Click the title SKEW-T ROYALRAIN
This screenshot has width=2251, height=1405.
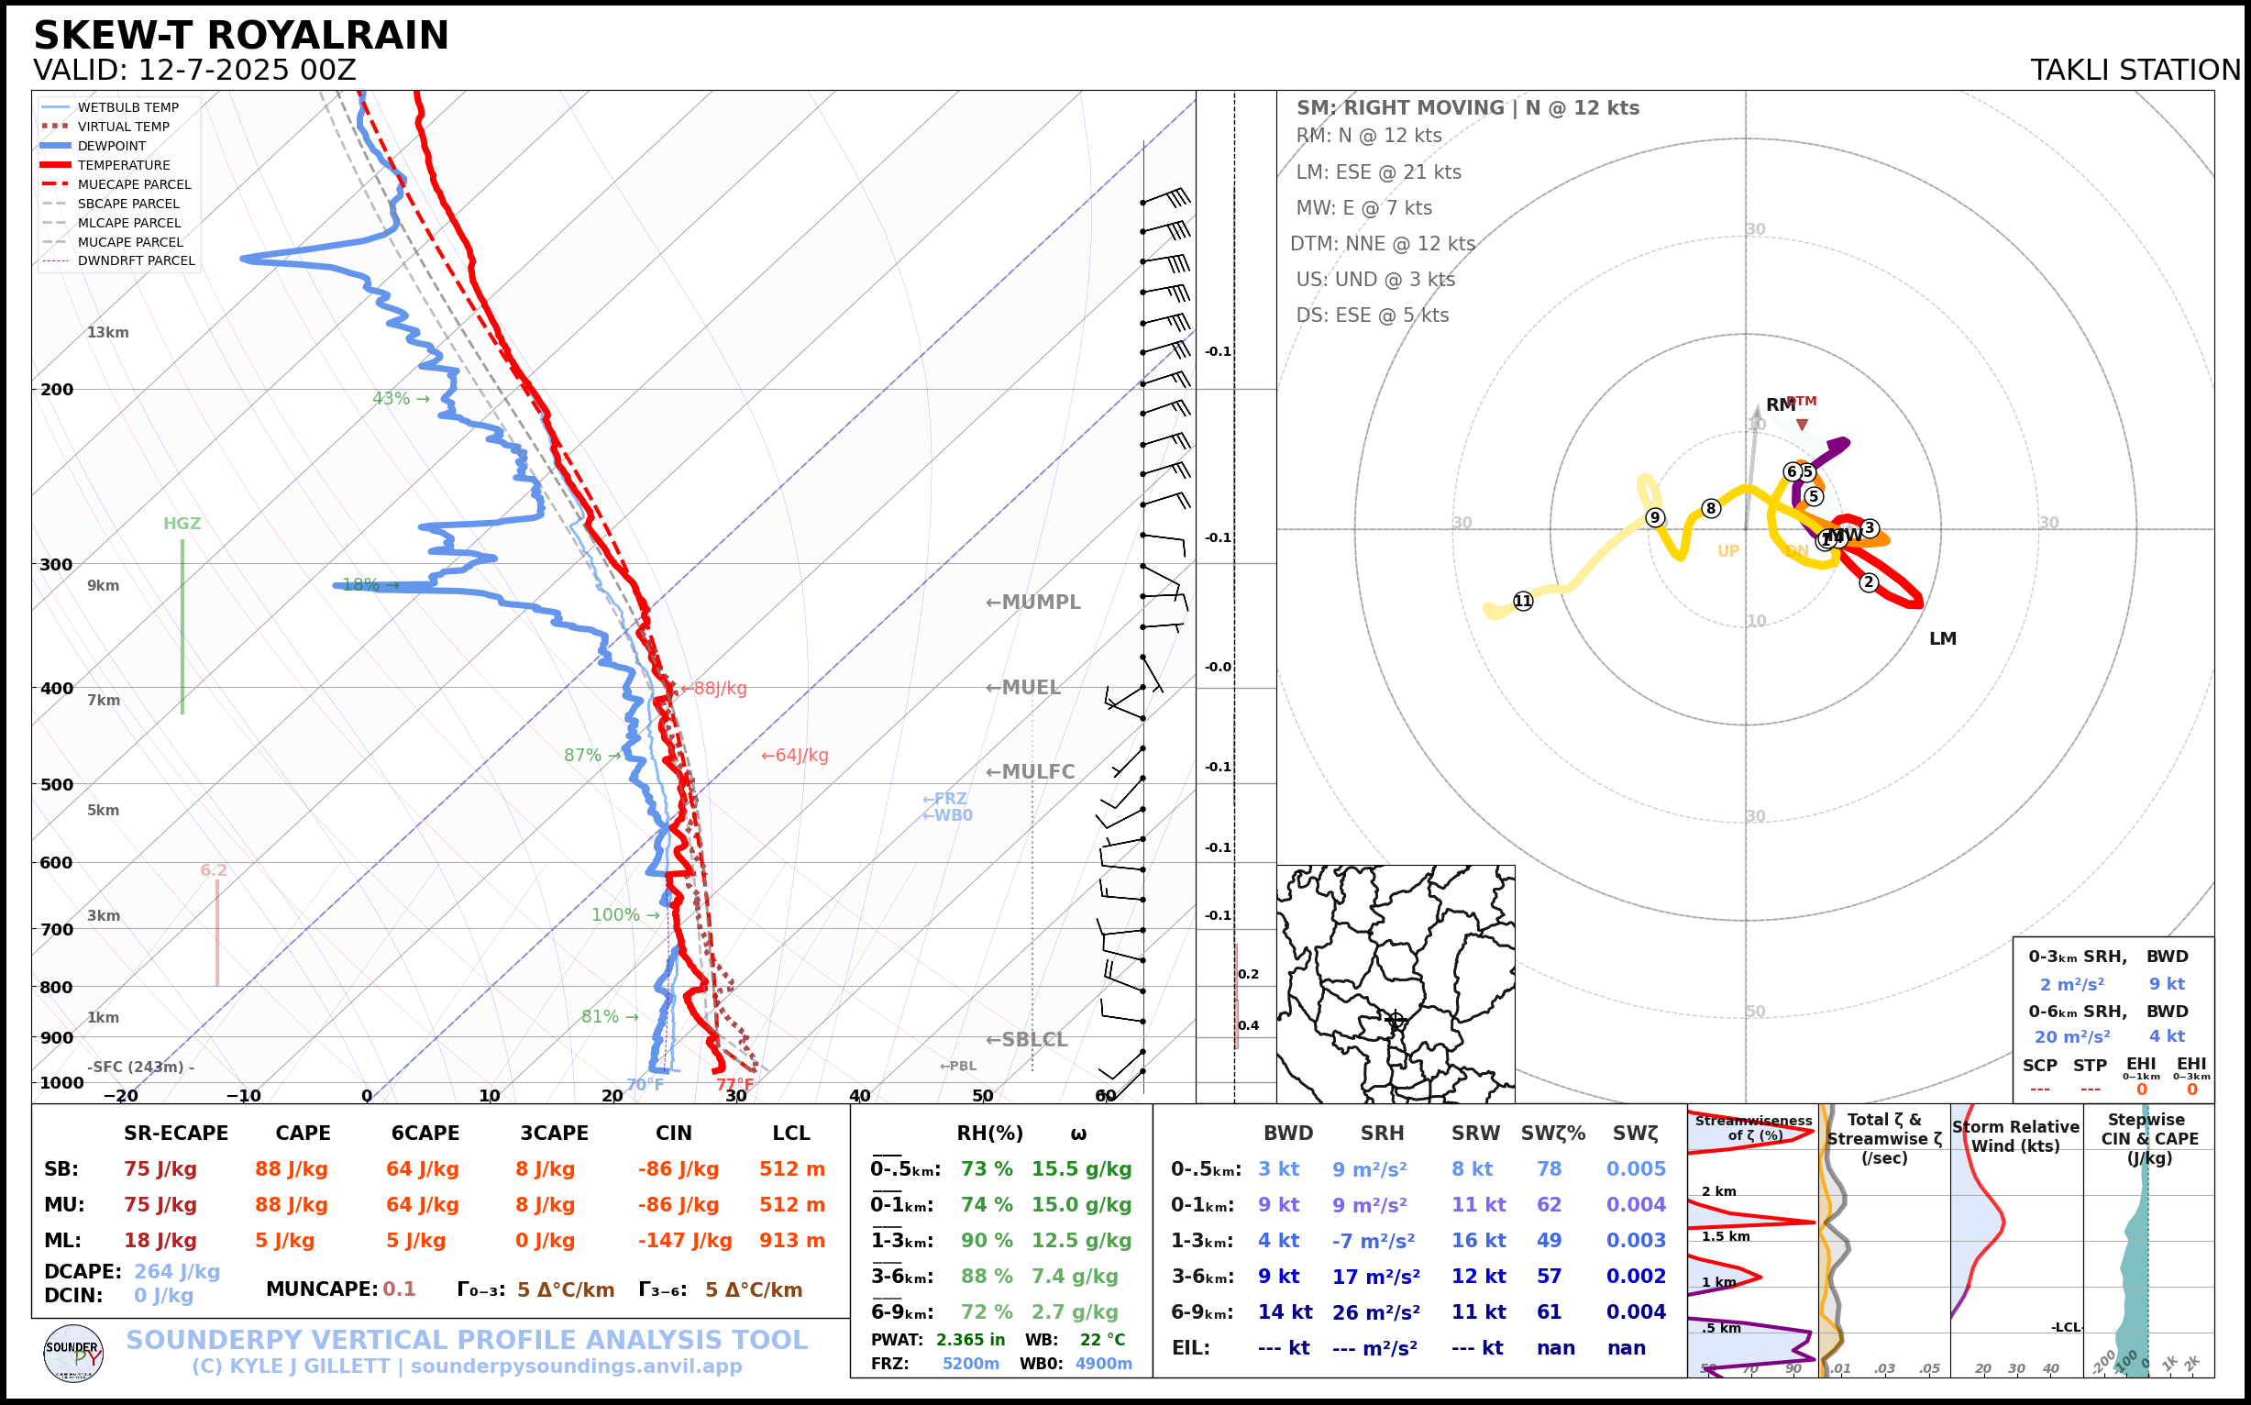click(240, 36)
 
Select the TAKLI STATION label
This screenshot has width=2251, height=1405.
click(2135, 71)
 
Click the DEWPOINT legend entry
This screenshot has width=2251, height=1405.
click(112, 146)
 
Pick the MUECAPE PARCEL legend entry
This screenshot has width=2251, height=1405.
click(134, 184)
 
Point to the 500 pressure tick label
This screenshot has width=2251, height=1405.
click(57, 784)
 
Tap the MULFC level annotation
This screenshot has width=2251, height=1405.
click(1031, 772)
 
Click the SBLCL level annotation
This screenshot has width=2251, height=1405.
click(1027, 1040)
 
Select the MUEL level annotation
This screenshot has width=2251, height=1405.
click(1023, 688)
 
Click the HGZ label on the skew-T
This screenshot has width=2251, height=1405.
click(182, 524)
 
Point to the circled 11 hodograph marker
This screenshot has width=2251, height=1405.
click(1523, 602)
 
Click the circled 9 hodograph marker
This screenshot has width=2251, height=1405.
click(1655, 517)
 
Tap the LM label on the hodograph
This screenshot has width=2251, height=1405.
click(1943, 639)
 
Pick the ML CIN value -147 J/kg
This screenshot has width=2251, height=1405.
click(685, 1241)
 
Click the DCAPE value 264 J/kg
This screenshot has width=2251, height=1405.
click(177, 1271)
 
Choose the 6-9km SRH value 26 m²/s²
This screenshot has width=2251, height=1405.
click(1376, 1312)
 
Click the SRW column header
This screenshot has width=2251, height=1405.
click(1475, 1134)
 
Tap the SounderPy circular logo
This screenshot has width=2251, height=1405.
click(73, 1353)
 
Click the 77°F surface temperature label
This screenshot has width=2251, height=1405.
click(734, 1084)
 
